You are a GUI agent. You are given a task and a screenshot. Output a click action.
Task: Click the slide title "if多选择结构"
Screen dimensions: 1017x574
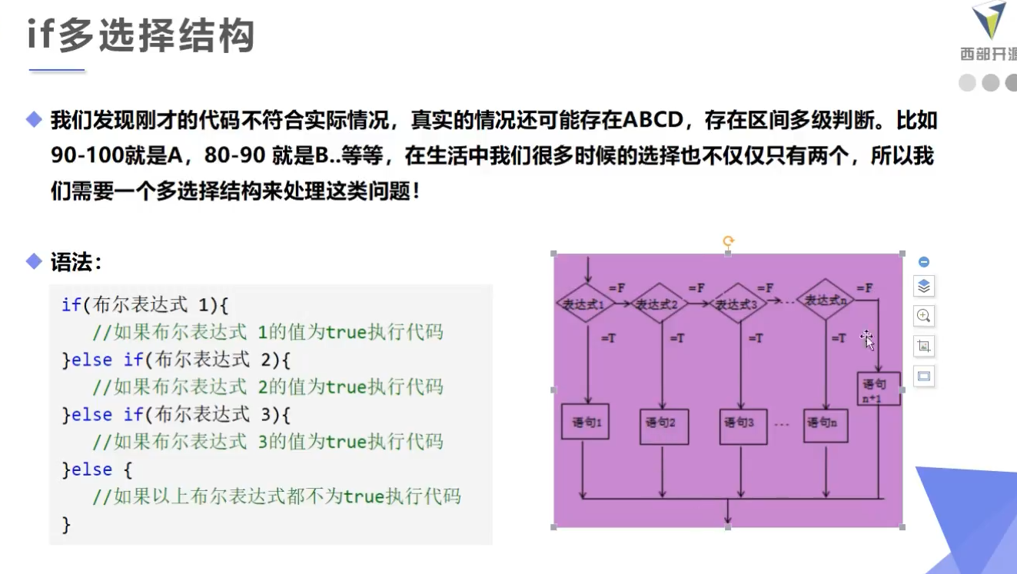[141, 35]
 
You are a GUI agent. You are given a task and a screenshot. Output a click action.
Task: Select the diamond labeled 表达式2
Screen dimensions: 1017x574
[661, 304]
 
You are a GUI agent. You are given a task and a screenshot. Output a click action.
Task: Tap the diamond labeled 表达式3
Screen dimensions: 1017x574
[738, 304]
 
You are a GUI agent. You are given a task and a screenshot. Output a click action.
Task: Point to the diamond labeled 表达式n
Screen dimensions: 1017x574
[825, 300]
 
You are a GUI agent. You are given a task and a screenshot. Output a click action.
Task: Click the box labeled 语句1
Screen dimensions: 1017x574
[585, 422]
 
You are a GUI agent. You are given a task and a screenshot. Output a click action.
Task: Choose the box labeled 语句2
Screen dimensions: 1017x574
[664, 423]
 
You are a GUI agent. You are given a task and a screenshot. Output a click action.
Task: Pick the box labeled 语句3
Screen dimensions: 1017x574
[743, 423]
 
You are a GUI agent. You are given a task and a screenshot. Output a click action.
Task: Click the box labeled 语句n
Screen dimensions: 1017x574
[826, 422]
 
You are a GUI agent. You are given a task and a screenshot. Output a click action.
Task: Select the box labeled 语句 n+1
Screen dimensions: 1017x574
[878, 390]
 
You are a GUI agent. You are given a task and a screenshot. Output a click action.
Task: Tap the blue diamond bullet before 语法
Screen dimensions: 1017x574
[34, 261]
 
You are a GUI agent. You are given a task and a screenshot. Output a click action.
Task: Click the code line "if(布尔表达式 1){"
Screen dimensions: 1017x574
[145, 305]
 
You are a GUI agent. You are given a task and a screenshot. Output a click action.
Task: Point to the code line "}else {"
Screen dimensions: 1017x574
[98, 469]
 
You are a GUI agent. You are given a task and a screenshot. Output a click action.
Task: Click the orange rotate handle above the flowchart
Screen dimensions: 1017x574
[728, 241]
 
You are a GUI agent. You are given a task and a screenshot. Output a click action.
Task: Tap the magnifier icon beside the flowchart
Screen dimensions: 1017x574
[924, 315]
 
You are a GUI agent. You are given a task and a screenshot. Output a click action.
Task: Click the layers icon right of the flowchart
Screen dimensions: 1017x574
[924, 286]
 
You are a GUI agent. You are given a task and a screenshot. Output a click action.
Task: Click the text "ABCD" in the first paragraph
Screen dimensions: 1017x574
[653, 121]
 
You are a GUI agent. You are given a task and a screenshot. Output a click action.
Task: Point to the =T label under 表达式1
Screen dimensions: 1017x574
[608, 337]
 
